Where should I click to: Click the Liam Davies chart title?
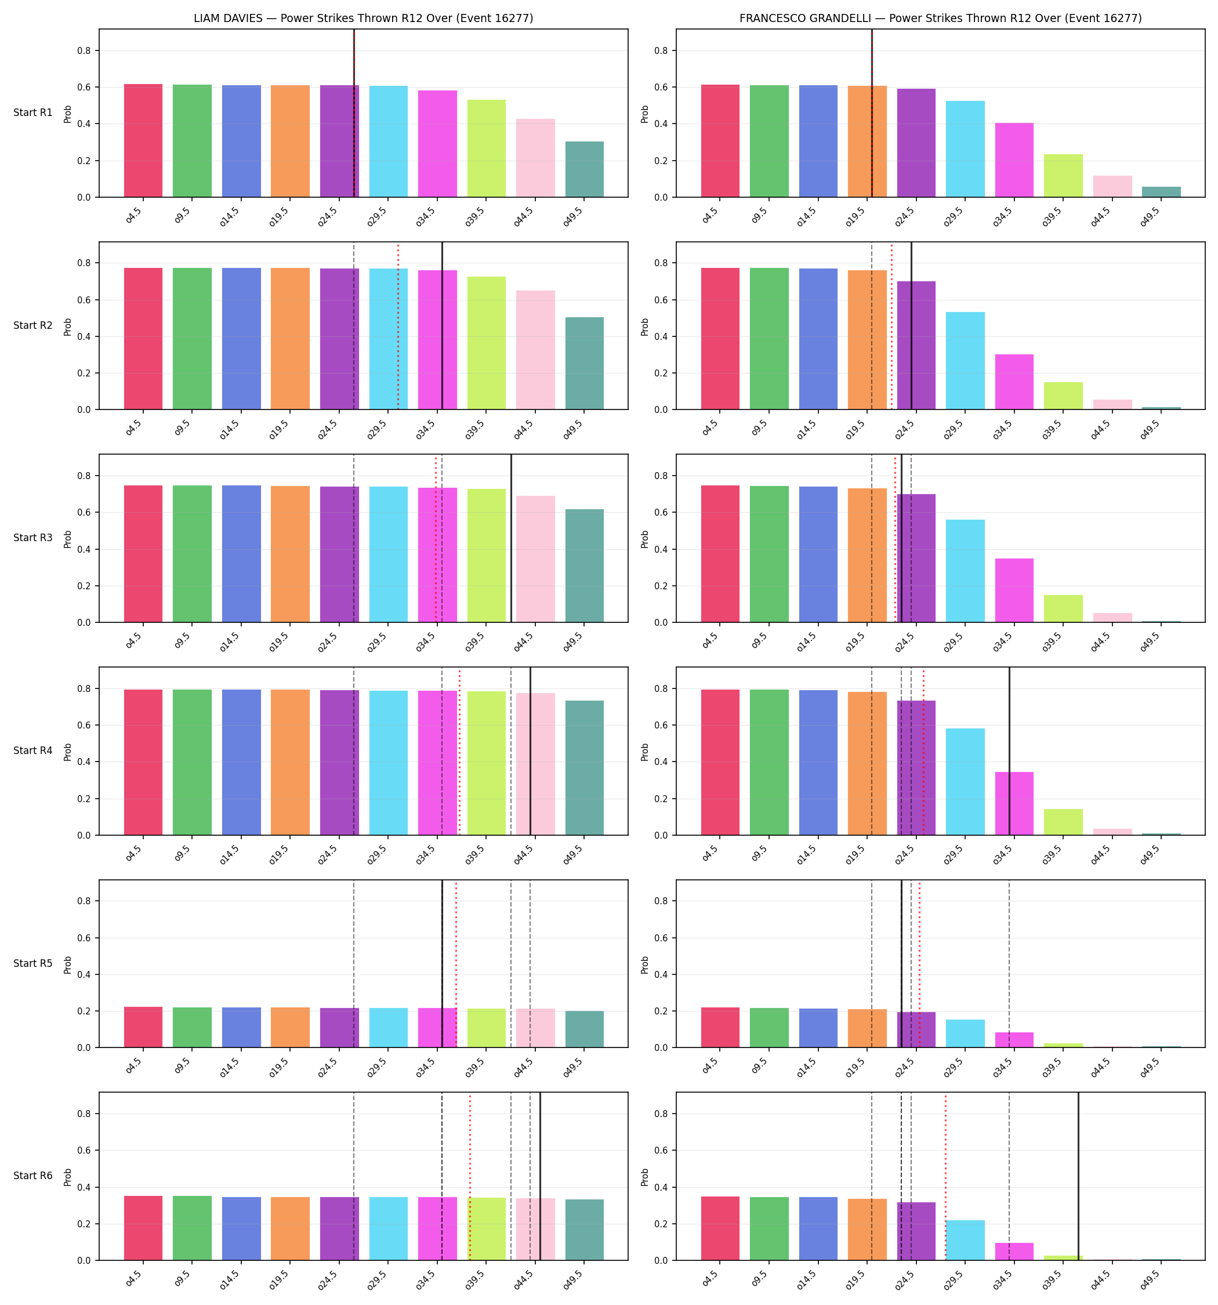363,19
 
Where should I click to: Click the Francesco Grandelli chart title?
940,19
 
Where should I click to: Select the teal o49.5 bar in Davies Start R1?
585,169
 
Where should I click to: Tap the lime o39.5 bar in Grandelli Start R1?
1063,176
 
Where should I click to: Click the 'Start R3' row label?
33,538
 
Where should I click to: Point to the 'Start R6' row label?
33,1176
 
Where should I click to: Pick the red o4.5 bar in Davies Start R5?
143,1027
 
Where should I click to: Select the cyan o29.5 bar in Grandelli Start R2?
965,361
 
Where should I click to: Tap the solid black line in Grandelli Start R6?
1078,1176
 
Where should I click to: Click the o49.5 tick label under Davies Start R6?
574,1278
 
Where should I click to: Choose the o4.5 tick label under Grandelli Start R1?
710,215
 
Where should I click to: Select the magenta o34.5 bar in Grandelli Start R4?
1014,803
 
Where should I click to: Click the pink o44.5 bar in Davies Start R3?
535,559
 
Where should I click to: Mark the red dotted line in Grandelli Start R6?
945,1176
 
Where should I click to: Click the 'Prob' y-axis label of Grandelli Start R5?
645,965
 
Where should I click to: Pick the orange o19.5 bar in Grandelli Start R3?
867,555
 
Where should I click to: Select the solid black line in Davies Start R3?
512,538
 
